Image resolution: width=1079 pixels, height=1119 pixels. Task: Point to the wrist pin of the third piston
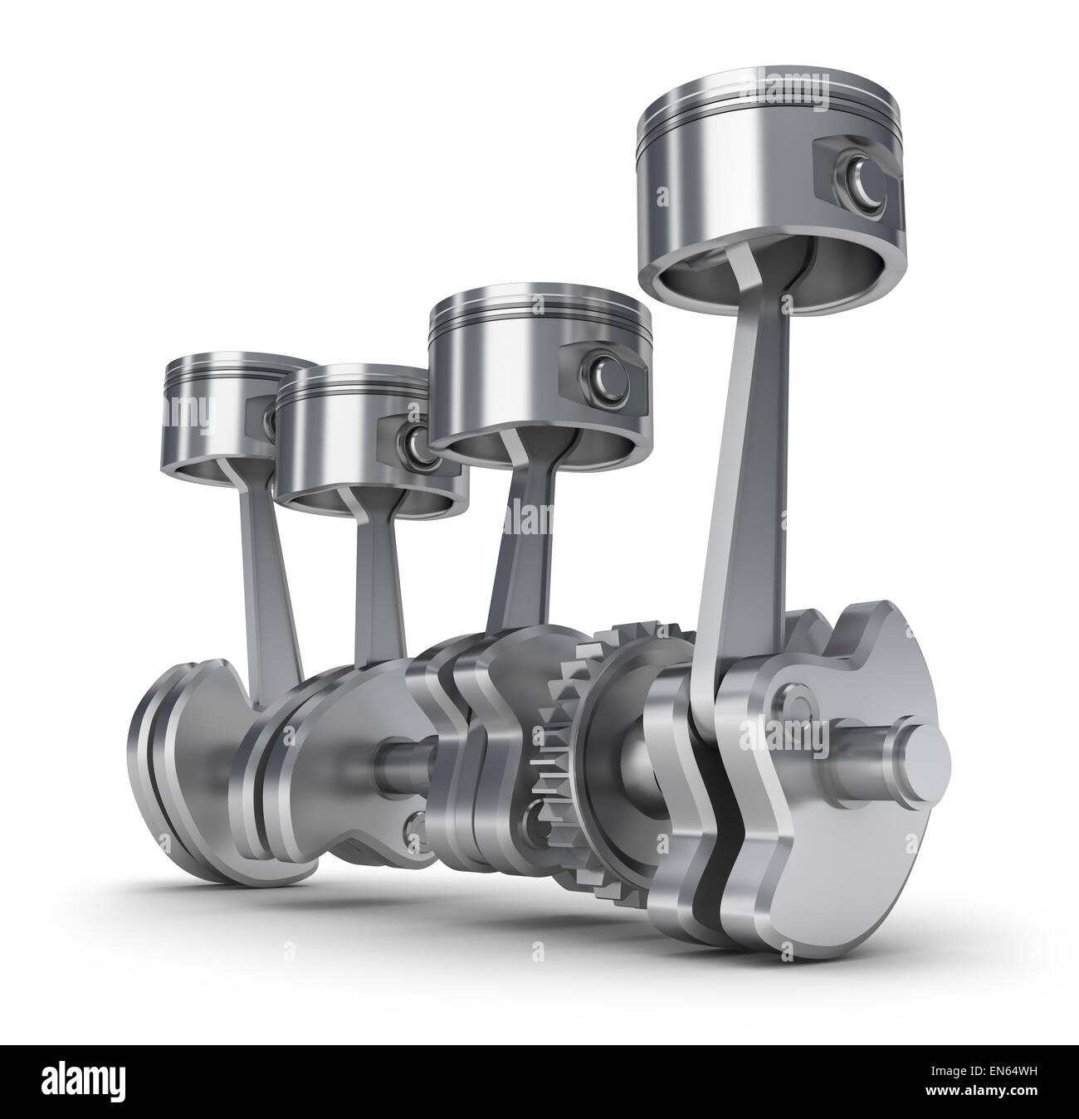[409, 439]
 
